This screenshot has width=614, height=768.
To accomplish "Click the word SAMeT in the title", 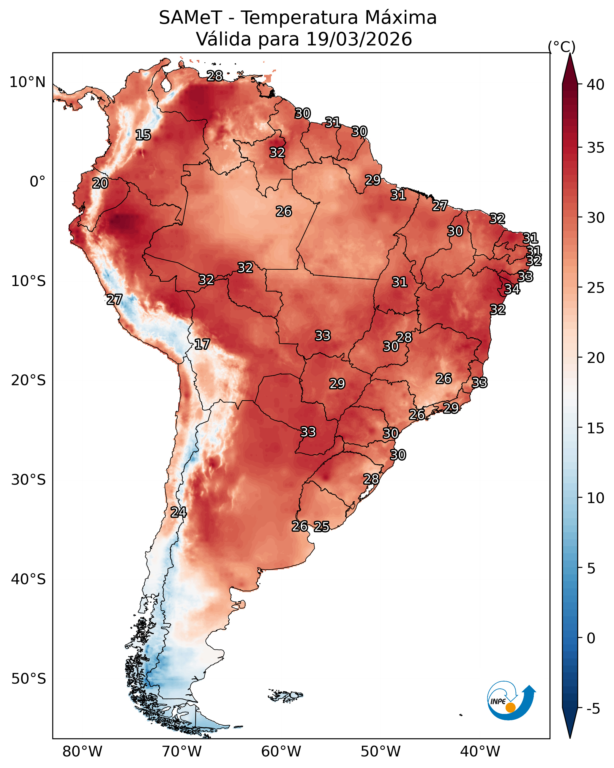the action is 190,18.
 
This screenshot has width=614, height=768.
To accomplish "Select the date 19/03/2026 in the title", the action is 359,39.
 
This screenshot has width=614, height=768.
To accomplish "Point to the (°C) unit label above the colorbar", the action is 562,47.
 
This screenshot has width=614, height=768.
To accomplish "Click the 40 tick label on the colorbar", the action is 596,85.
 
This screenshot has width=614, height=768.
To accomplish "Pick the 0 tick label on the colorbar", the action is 591,638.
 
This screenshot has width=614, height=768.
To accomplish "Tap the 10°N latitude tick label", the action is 27,82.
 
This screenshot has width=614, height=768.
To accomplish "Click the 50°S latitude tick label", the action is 29,679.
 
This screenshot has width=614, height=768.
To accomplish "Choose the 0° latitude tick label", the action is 38,182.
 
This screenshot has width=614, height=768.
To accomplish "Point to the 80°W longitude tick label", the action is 82,751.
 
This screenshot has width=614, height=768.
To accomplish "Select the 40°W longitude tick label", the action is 480,751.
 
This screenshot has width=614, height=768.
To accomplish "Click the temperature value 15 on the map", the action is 143,135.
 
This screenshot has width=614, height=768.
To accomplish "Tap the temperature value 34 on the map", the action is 512,289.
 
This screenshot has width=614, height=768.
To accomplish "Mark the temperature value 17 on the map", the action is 202,344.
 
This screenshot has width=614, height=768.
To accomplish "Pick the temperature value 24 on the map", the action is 179,512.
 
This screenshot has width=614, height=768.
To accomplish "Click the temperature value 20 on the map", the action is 100,184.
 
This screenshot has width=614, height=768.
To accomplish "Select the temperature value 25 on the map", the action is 321,527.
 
